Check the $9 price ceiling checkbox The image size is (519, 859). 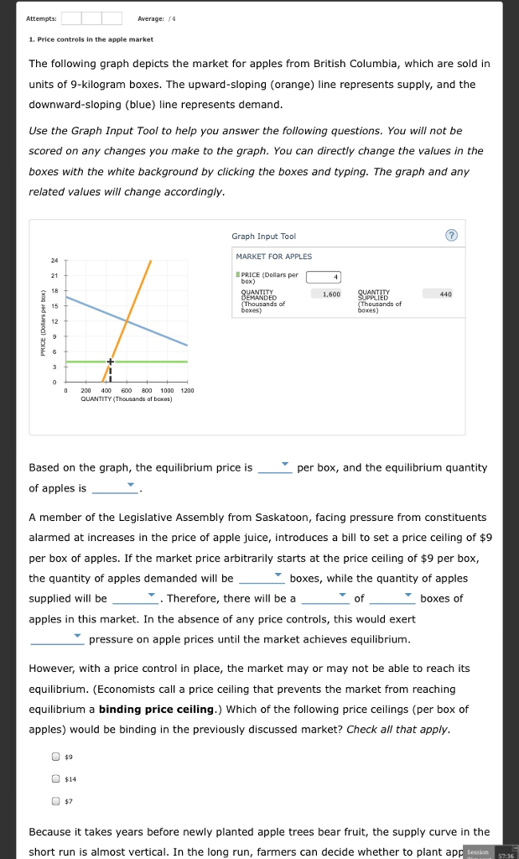click(56, 756)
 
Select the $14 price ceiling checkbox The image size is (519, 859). click(56, 778)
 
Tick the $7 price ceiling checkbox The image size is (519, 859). click(56, 801)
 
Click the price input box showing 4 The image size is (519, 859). click(324, 277)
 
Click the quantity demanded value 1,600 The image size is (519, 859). click(330, 294)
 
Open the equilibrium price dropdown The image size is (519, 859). click(275, 466)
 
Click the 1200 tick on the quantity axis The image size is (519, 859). click(187, 391)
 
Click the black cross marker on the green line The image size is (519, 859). click(109, 362)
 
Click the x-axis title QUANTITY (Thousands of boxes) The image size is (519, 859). click(126, 399)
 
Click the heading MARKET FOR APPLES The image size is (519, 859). click(273, 257)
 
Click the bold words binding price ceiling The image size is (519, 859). click(157, 709)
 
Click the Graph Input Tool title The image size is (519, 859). click(263, 237)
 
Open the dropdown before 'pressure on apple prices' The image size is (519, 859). click(57, 638)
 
